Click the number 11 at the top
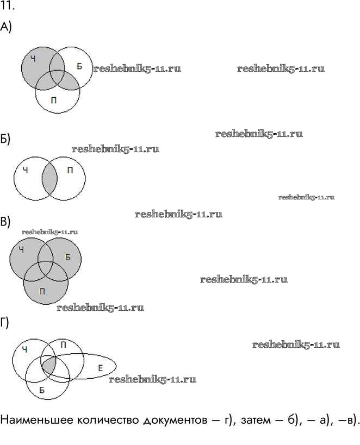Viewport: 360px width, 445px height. [7, 7]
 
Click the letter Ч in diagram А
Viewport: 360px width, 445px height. [33, 58]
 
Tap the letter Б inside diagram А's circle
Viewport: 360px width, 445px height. [79, 66]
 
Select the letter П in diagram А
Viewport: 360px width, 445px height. [53, 100]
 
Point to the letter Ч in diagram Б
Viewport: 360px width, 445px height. [25, 170]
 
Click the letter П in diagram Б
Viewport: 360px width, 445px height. [70, 170]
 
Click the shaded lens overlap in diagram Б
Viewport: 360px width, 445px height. [49, 179]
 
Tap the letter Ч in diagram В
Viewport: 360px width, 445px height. [21, 249]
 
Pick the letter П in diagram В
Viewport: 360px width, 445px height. [43, 292]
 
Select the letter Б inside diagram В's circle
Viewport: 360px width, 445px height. [67, 257]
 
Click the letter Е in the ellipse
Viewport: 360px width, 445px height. [101, 368]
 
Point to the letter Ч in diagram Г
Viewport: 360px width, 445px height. [24, 349]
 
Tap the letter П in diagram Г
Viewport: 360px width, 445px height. [64, 344]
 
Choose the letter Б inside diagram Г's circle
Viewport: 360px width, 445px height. [42, 390]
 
